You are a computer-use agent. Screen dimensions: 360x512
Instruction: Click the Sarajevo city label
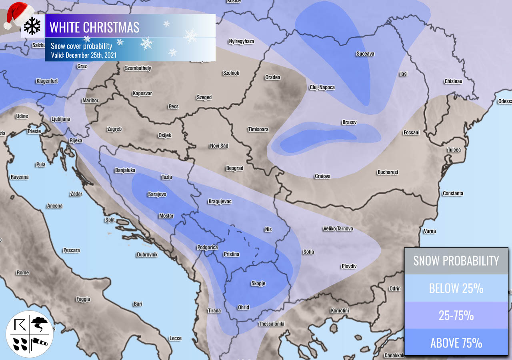pos(157,194)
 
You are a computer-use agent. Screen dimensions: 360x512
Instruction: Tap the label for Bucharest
pos(388,172)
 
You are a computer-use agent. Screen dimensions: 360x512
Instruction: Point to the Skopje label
pos(258,284)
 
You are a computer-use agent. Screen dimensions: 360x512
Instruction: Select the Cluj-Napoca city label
pos(322,88)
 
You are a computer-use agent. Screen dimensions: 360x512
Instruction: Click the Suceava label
pos(365,54)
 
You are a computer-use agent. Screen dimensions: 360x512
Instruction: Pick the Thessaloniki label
pos(271,324)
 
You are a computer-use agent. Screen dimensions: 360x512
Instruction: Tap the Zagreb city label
pos(114,129)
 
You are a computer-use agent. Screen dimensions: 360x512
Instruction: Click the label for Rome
pos(22,273)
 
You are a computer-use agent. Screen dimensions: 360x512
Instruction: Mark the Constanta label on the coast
pos(453,194)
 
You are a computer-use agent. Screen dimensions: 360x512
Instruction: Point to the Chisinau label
pos(453,82)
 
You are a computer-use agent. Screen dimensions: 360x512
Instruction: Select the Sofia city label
pos(308,252)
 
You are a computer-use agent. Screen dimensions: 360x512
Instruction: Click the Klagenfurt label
pos(47,81)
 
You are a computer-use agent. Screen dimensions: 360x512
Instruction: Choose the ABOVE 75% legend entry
pos(456,343)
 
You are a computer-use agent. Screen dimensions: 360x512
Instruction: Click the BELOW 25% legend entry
pos(456,288)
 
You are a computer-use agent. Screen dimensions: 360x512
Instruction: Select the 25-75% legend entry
pos(456,315)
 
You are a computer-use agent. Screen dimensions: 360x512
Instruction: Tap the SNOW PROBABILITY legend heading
pos(456,261)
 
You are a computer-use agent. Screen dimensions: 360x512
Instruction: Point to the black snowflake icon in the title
pos(32,26)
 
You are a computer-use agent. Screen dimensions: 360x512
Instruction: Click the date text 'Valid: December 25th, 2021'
pos(84,55)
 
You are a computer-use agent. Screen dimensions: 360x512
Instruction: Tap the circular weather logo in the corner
pos(29,334)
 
